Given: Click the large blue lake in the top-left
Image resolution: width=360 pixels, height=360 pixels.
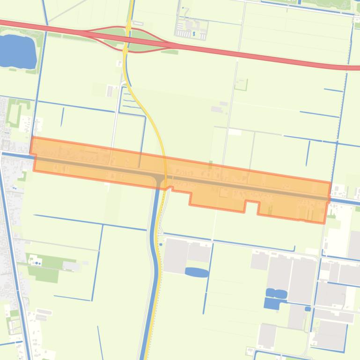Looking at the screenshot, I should [x=17, y=50].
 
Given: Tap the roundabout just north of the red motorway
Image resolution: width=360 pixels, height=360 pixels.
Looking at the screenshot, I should [x=128, y=29].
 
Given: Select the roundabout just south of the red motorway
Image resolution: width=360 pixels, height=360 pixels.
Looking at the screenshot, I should [x=125, y=50].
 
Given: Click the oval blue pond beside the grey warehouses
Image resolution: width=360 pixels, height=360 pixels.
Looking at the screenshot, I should [x=197, y=272].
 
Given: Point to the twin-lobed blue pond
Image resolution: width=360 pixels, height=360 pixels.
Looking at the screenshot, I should [x=276, y=294].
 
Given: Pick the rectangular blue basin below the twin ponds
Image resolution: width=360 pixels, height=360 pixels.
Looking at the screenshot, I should [x=271, y=303].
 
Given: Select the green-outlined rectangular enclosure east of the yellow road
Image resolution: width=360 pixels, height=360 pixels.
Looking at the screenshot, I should [x=241, y=85].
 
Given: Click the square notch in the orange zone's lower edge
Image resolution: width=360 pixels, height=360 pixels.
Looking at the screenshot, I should [x=251, y=207].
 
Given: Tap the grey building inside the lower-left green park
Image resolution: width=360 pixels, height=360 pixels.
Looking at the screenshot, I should [x=71, y=266].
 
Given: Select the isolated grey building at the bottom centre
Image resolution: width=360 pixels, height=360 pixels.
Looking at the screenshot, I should [x=267, y=335].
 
